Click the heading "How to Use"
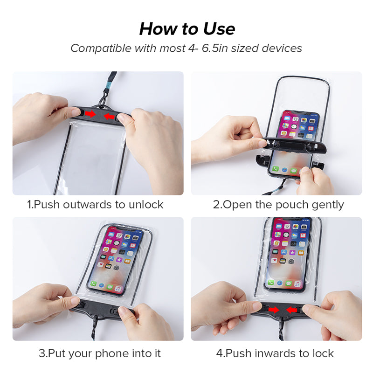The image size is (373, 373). click(187, 29)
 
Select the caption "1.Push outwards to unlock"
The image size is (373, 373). click(95, 205)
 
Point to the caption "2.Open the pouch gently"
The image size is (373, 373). click(278, 205)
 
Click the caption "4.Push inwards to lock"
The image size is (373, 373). click(278, 353)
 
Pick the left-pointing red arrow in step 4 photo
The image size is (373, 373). click(292, 310)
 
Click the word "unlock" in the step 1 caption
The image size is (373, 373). click(147, 205)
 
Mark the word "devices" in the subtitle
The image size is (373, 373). click(282, 48)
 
